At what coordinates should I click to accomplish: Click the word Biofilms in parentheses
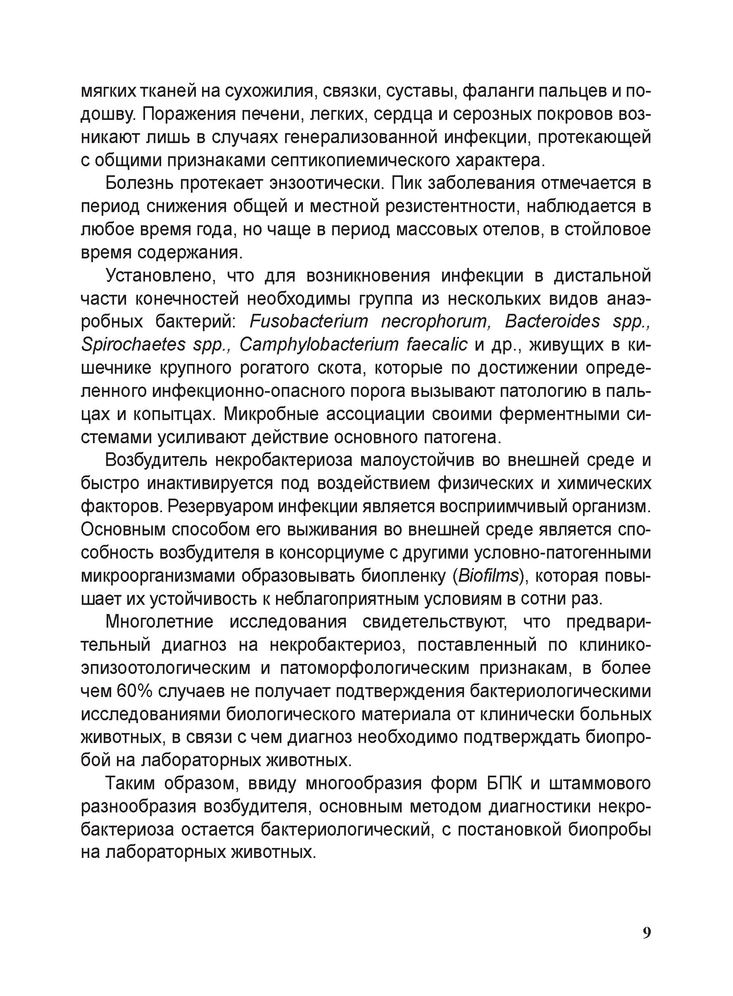488,576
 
